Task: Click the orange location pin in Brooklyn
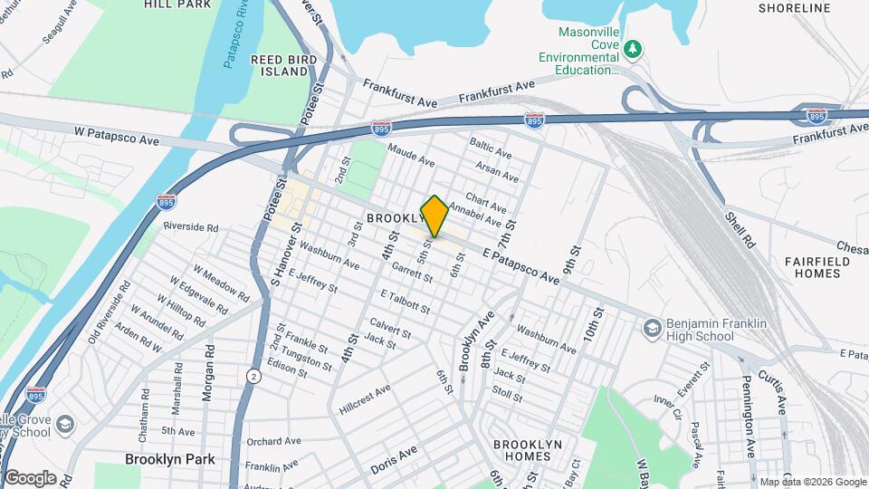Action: click(x=434, y=216)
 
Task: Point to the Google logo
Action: click(x=29, y=478)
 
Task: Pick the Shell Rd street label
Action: click(x=739, y=230)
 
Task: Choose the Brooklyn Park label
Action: click(x=170, y=459)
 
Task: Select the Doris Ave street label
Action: click(x=394, y=460)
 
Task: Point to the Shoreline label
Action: click(x=794, y=8)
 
